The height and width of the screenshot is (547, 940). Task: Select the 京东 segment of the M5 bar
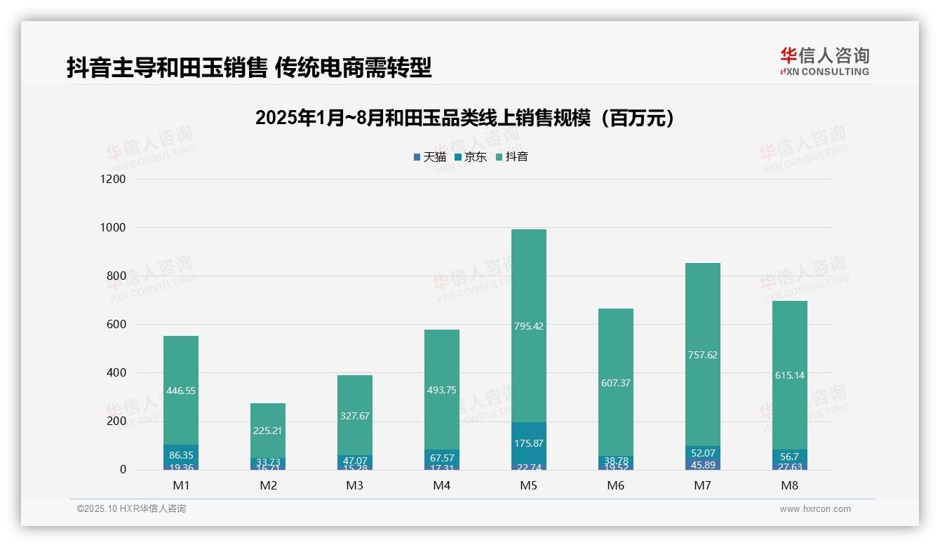528,443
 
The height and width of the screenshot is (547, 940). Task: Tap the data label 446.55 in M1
181,391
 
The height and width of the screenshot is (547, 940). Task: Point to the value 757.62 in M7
702,355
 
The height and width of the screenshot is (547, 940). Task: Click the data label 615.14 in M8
789,375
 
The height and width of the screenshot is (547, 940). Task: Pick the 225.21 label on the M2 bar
268,431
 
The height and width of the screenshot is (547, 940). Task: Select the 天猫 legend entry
430,157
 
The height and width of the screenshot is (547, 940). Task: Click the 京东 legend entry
471,157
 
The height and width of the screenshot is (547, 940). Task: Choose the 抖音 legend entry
512,157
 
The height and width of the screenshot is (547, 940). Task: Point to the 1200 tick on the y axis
113,180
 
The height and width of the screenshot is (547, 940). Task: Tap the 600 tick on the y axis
116,325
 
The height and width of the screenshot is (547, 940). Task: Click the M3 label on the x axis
355,485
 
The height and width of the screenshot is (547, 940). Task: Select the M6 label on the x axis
616,485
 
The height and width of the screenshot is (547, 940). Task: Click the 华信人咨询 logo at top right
824,61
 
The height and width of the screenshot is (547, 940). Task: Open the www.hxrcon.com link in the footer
815,509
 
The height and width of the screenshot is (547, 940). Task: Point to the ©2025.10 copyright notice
131,509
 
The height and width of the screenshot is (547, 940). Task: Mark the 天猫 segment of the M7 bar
702,464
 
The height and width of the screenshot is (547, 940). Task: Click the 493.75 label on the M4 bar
442,390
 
